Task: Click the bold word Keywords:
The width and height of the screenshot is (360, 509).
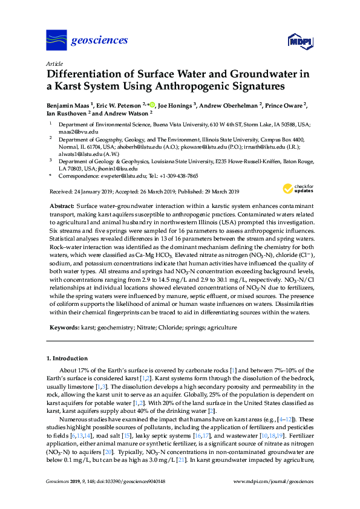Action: tap(64, 327)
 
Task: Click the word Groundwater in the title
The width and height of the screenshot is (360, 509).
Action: tap(255, 74)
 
